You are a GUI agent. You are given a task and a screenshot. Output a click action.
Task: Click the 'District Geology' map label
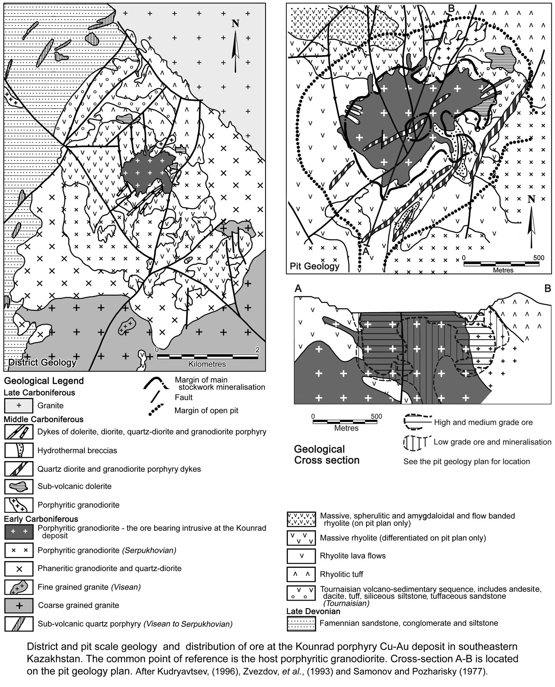42,362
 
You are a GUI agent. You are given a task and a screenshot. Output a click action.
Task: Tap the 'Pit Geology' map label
314,266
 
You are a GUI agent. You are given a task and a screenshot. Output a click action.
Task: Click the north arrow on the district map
235,46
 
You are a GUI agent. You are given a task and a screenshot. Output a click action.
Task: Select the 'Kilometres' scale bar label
207,364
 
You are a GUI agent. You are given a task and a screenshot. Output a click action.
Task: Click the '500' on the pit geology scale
538,258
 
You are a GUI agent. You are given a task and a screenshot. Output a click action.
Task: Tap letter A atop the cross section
298,288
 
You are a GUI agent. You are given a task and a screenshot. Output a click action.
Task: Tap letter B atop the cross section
548,288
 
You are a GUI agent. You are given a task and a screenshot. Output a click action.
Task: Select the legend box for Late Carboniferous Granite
18,406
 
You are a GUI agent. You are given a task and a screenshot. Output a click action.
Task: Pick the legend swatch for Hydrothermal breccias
18,450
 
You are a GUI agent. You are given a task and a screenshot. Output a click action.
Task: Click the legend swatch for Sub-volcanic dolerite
18,487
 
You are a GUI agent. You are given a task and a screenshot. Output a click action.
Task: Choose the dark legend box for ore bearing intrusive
18,531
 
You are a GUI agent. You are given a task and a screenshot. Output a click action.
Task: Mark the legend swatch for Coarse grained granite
18,605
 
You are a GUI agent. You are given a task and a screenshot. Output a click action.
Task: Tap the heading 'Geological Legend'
44,381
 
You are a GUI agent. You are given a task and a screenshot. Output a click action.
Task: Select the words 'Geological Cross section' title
326,455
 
